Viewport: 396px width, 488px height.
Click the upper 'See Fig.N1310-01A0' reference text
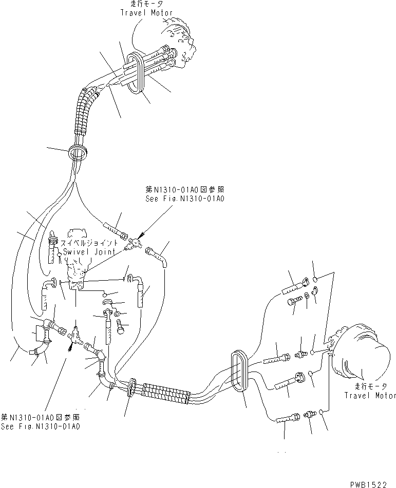(x=185, y=199)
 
